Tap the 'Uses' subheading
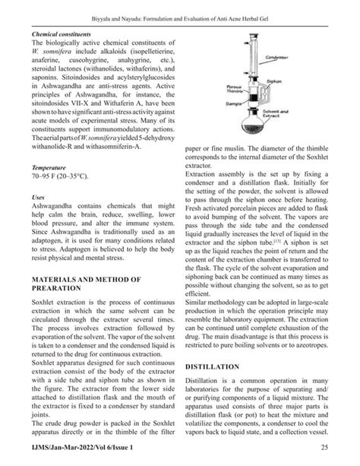click(x=38, y=196)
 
